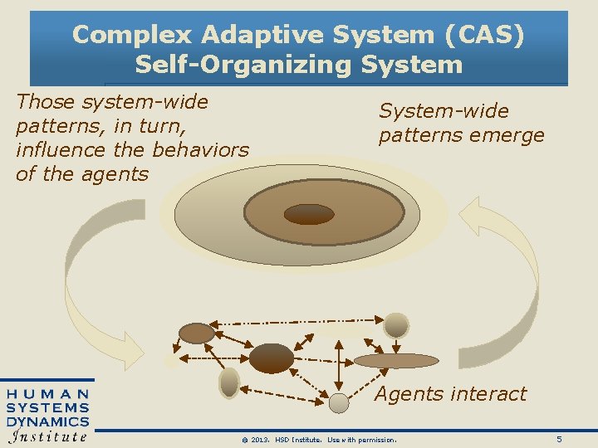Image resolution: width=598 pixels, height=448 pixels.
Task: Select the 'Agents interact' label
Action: (x=450, y=393)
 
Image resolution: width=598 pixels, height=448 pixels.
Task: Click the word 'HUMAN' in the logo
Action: (x=49, y=394)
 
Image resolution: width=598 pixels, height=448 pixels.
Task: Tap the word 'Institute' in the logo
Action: (x=48, y=436)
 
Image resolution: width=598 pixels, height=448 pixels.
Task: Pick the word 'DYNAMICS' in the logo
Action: (x=48, y=421)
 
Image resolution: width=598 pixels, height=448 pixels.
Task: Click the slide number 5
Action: (x=559, y=438)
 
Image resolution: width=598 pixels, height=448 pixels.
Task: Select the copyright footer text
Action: (x=313, y=439)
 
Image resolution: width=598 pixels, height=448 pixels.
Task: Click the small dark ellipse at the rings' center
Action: (x=308, y=214)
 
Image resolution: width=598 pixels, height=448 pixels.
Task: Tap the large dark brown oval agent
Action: (x=272, y=358)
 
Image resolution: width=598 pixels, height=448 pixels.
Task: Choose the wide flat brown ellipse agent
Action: (x=395, y=360)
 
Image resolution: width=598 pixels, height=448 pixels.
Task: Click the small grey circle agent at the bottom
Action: (x=339, y=403)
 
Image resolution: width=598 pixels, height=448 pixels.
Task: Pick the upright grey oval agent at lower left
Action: (x=229, y=382)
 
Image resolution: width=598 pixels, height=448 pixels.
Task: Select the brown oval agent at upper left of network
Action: (x=197, y=334)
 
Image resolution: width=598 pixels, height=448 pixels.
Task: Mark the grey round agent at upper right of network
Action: (x=397, y=324)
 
